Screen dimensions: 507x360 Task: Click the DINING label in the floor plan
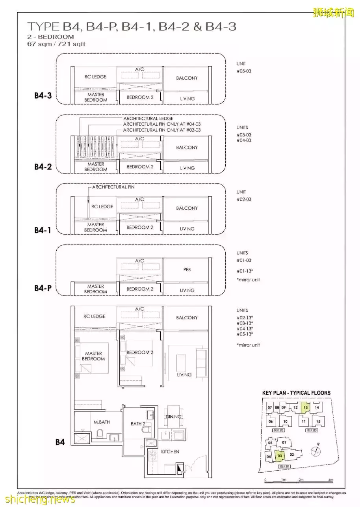coord(173,417)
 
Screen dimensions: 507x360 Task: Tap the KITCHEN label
coord(170,451)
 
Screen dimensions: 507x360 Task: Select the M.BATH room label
coord(102,422)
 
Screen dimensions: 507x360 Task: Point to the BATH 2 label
coord(138,424)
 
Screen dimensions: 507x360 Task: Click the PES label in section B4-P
coord(187,270)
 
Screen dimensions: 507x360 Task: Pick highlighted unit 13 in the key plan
coord(305,408)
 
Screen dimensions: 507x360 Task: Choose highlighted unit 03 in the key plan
coord(280,456)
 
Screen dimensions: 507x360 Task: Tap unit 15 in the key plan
coord(318,421)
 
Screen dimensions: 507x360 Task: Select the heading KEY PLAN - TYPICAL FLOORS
coord(296,393)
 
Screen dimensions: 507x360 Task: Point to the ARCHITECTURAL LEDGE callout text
coord(148,118)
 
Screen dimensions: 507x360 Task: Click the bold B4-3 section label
coord(43,96)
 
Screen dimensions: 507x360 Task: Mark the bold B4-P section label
coord(43,288)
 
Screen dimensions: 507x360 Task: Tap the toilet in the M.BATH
coord(99,434)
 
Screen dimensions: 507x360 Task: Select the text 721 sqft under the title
coord(72,44)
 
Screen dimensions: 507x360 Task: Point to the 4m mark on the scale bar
coord(331,480)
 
